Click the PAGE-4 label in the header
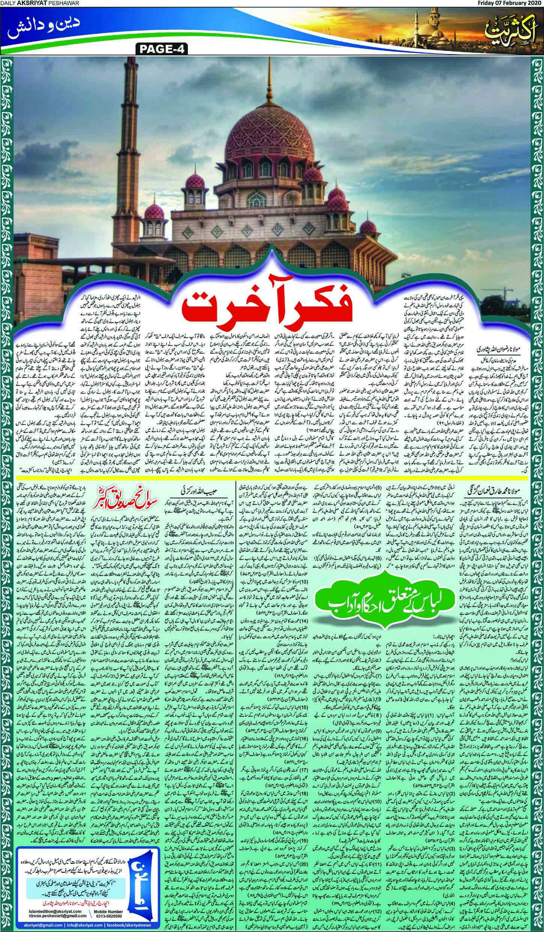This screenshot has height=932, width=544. pos(159,49)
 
